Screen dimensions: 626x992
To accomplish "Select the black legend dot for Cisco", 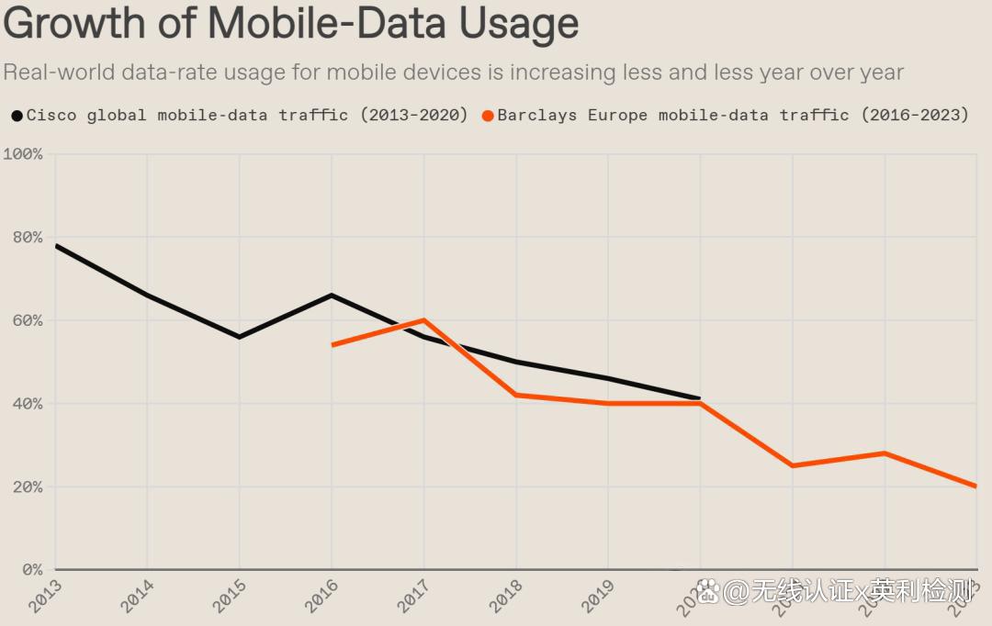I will point(17,116).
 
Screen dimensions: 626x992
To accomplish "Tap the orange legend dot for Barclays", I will point(488,116).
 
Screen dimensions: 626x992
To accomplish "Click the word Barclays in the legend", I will point(536,116).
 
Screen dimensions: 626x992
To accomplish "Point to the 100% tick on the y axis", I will point(23,154).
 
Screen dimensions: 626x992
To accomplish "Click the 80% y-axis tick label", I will point(25,238).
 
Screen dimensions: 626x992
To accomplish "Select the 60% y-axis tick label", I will point(25,320).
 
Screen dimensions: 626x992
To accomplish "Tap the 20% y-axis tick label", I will point(25,486).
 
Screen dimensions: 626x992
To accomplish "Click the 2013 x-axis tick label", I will point(46,596).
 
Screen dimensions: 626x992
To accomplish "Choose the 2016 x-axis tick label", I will point(322,596).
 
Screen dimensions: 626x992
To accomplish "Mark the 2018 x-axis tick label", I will point(507,596).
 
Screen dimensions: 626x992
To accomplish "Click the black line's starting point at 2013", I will point(56,246).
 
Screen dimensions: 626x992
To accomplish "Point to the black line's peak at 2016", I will point(332,296).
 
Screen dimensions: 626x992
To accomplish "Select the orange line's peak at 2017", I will point(423,320).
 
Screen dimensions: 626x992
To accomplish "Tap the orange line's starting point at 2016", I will point(333,345).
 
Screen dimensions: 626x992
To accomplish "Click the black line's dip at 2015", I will point(239,337).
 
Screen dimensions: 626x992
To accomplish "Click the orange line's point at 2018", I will point(516,395).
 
